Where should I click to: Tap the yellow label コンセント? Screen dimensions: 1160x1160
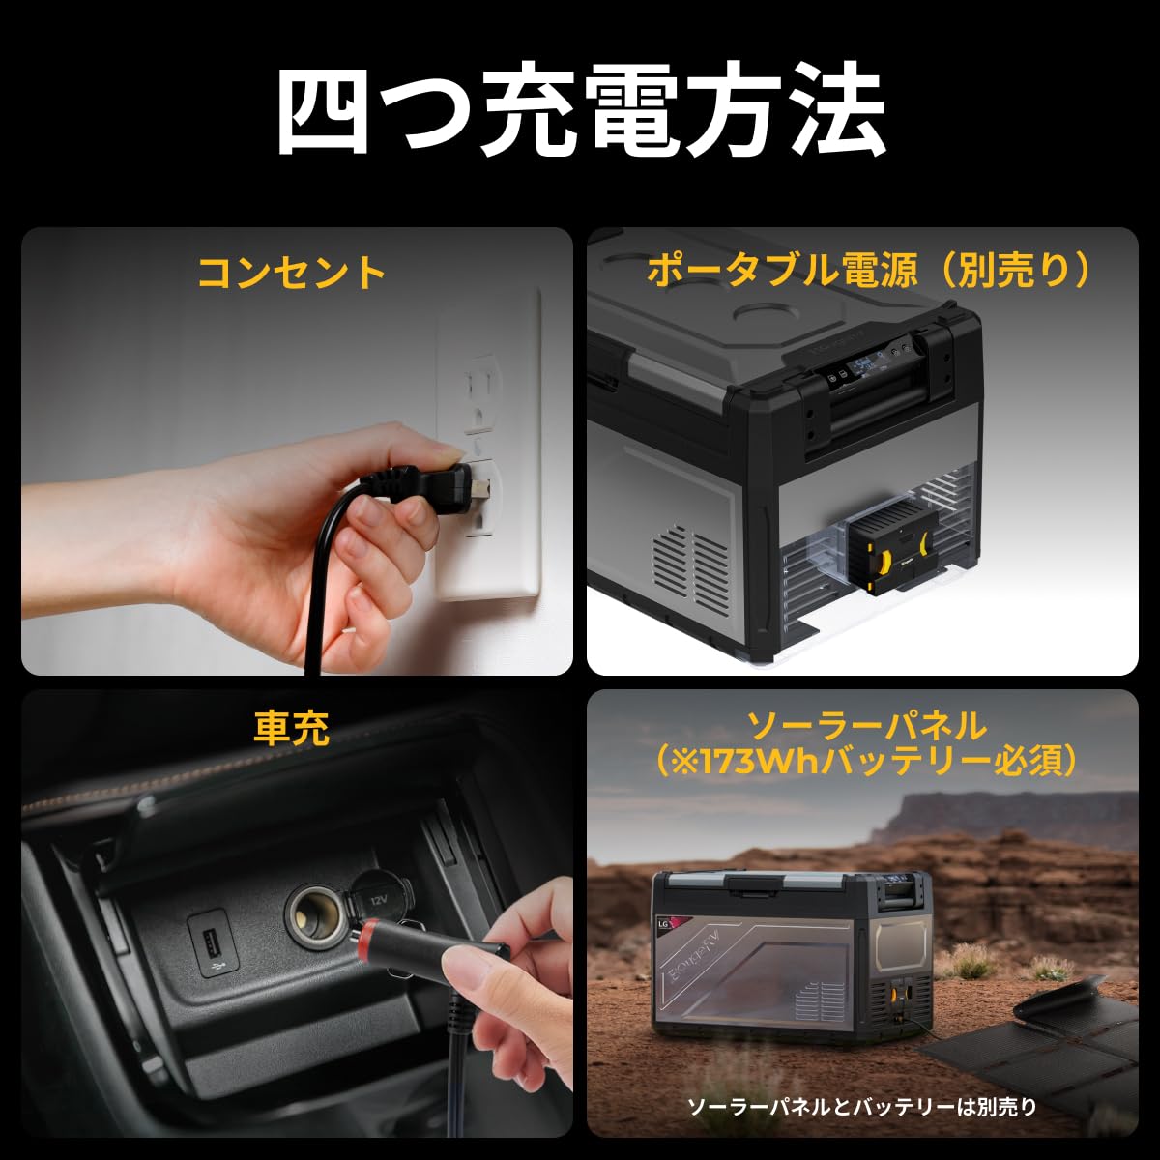tap(291, 273)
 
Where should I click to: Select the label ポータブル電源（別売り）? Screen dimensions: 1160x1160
tap(868, 272)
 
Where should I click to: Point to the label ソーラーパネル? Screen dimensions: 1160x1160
tap(868, 725)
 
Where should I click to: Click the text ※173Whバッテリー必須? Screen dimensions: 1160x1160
tap(867, 762)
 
